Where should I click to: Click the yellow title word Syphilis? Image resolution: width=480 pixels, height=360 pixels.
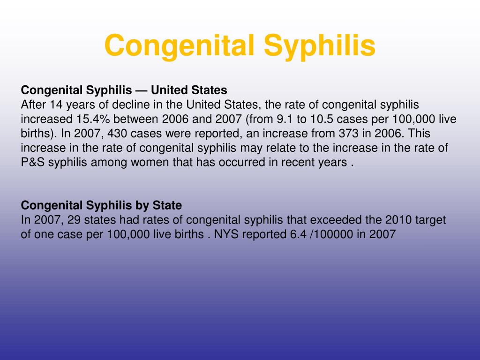(x=320, y=46)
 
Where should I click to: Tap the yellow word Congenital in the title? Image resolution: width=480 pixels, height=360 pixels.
(x=180, y=46)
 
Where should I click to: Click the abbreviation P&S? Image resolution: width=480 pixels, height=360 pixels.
(x=33, y=162)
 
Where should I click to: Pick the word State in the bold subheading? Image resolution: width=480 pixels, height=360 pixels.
(x=167, y=205)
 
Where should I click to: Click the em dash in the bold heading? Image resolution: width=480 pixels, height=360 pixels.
(x=142, y=90)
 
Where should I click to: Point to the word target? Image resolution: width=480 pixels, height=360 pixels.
(x=430, y=220)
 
